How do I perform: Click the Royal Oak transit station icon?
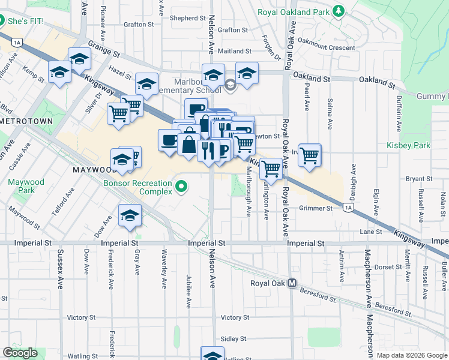[x=292, y=283]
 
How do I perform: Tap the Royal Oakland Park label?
[x=293, y=12]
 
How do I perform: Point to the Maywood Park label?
[x=26, y=186]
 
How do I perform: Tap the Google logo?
[x=20, y=353]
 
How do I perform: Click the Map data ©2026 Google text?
[x=411, y=355]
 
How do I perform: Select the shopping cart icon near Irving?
[x=310, y=155]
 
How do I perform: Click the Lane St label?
[x=371, y=232]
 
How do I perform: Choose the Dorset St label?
[x=388, y=267]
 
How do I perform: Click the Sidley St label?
[x=234, y=339]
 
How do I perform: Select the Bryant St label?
[x=420, y=179]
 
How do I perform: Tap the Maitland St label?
[x=235, y=52]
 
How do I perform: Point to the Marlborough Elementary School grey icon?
[x=231, y=85]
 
